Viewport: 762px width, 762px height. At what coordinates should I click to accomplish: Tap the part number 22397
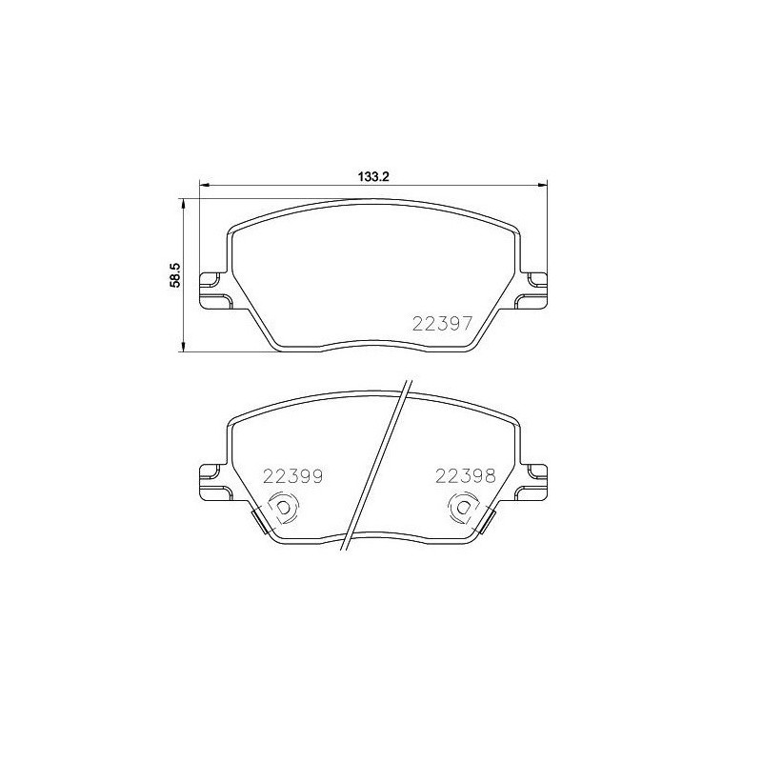pyautogui.click(x=442, y=323)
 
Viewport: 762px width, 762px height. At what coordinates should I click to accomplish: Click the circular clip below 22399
pyautogui.click(x=283, y=510)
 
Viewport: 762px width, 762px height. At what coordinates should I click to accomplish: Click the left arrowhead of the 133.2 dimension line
pyautogui.click(x=202, y=184)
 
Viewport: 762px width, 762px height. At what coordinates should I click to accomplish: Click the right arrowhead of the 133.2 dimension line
pyautogui.click(x=544, y=184)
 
